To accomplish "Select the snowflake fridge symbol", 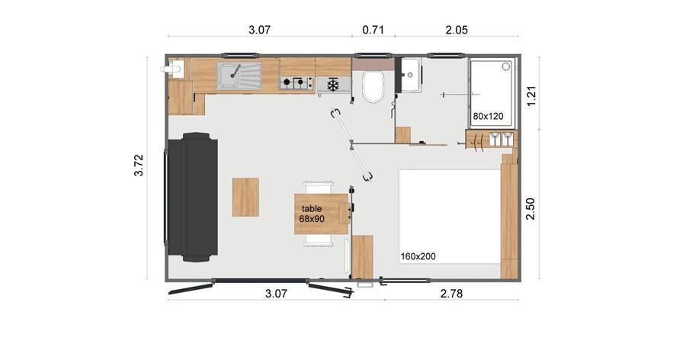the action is click(x=333, y=85).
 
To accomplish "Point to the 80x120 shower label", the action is click(x=488, y=116).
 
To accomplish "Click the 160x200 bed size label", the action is click(x=418, y=256).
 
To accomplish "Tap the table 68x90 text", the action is click(x=312, y=214).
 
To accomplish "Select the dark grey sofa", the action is click(x=193, y=197).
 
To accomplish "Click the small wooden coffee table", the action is click(x=245, y=197).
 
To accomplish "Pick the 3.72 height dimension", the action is click(x=138, y=165).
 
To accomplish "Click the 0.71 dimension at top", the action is click(x=373, y=30).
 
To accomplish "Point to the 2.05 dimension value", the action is click(x=457, y=30).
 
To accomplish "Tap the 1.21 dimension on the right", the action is click(x=531, y=95).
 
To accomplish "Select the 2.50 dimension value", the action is click(x=531, y=209).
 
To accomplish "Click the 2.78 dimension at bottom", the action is click(x=451, y=294).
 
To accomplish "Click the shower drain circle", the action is click(x=506, y=66).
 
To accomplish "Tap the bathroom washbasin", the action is click(x=411, y=75).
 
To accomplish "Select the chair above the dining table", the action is click(x=319, y=188).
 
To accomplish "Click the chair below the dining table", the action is click(x=319, y=240).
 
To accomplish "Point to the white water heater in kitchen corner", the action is click(x=173, y=69).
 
